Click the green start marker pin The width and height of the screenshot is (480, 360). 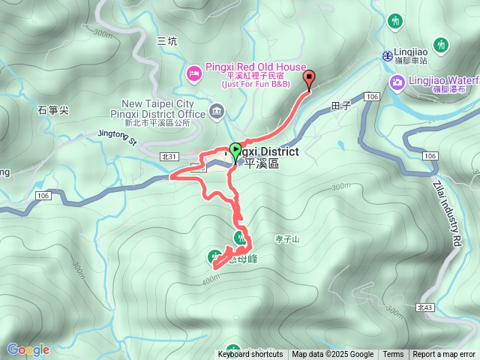pyautogui.click(x=235, y=150)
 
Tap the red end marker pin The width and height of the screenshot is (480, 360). pyautogui.click(x=309, y=77)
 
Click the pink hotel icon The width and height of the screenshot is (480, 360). pyautogui.click(x=193, y=73)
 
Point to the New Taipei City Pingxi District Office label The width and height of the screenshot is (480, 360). pyautogui.click(x=158, y=108)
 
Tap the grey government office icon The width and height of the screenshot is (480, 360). pyautogui.click(x=217, y=112)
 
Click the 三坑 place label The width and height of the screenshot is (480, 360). pyautogui.click(x=167, y=42)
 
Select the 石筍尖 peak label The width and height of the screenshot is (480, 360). pyautogui.click(x=52, y=110)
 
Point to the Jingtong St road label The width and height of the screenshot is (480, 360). pyautogui.click(x=118, y=136)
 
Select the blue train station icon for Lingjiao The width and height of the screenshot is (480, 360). pyautogui.click(x=388, y=55)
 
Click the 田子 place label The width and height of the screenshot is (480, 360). pyautogui.click(x=341, y=106)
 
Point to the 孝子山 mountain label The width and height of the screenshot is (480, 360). pyautogui.click(x=286, y=239)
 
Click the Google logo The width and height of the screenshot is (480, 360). pyautogui.click(x=28, y=349)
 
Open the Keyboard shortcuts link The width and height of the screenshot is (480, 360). pyautogui.click(x=250, y=355)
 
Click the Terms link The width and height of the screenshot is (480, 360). pyautogui.click(x=393, y=355)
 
